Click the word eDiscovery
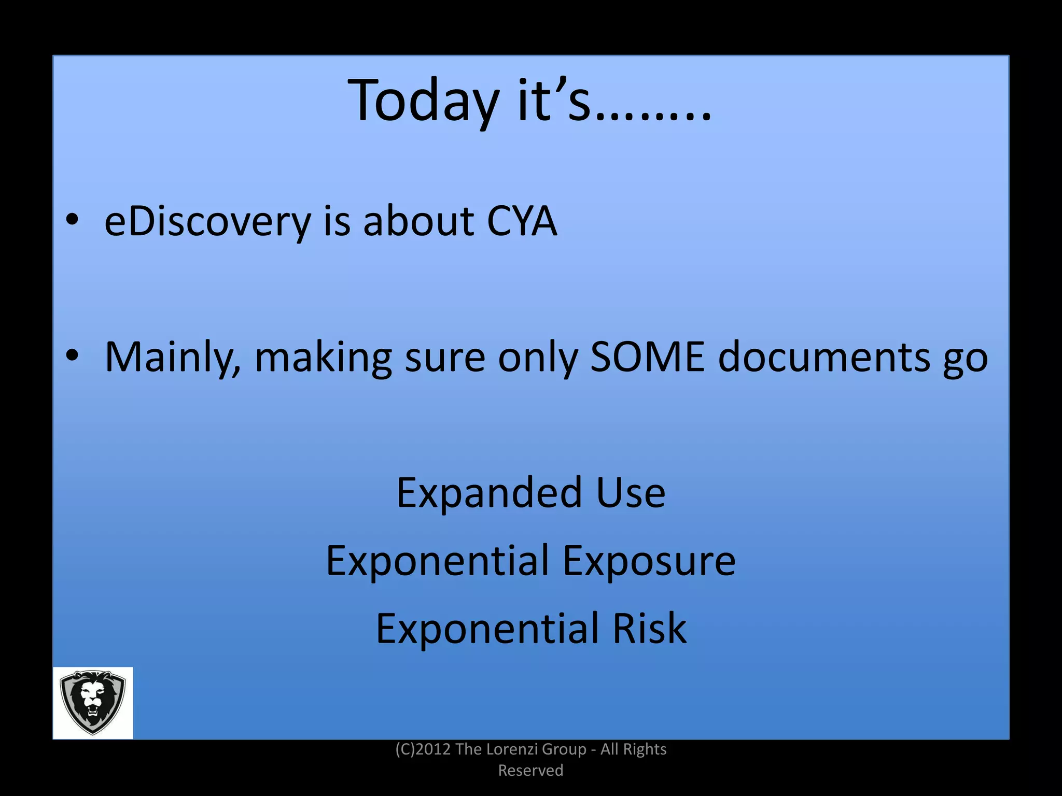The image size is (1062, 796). [x=207, y=222]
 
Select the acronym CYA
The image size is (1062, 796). [x=522, y=222]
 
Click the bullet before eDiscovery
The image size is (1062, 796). [x=72, y=220]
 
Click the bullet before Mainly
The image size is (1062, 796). [x=72, y=355]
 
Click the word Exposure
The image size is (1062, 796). [x=649, y=561]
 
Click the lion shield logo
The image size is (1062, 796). [x=93, y=703]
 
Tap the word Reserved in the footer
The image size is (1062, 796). [x=530, y=771]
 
